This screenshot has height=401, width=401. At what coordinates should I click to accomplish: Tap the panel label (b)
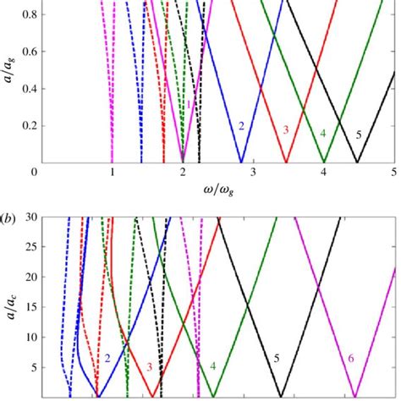(9, 206)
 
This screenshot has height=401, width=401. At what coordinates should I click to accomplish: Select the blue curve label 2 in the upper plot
(241, 127)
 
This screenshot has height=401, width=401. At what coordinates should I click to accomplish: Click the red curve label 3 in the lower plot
(150, 366)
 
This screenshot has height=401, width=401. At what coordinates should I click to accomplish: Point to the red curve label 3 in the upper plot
(286, 129)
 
